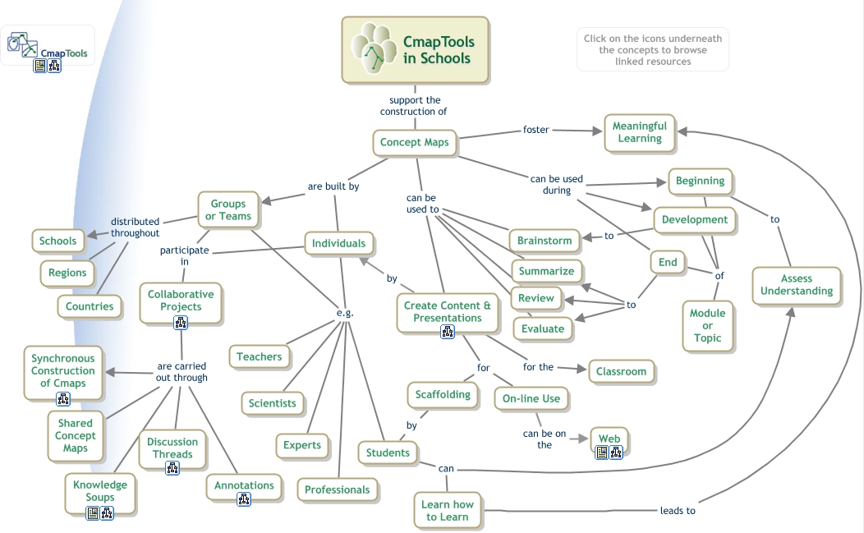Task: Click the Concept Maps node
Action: coord(414,142)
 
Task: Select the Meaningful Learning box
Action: coord(640,132)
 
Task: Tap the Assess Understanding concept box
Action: coord(796,285)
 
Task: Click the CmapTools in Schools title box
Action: coord(415,51)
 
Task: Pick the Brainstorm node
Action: coord(544,241)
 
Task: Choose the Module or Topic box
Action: coord(707,325)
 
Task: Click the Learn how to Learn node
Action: coord(447,510)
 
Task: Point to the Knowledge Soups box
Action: coord(99,491)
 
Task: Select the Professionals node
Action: coord(337,489)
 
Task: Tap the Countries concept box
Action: coord(90,306)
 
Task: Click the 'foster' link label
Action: coord(536,130)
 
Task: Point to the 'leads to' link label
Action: coord(678,510)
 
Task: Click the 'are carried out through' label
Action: coord(182,372)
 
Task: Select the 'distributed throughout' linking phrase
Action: coord(136,227)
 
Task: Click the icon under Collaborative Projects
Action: coord(181,323)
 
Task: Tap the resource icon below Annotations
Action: coord(244,499)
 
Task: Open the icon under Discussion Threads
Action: coord(172,468)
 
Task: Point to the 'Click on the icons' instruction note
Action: coord(652,50)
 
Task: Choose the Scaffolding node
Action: coord(442,394)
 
